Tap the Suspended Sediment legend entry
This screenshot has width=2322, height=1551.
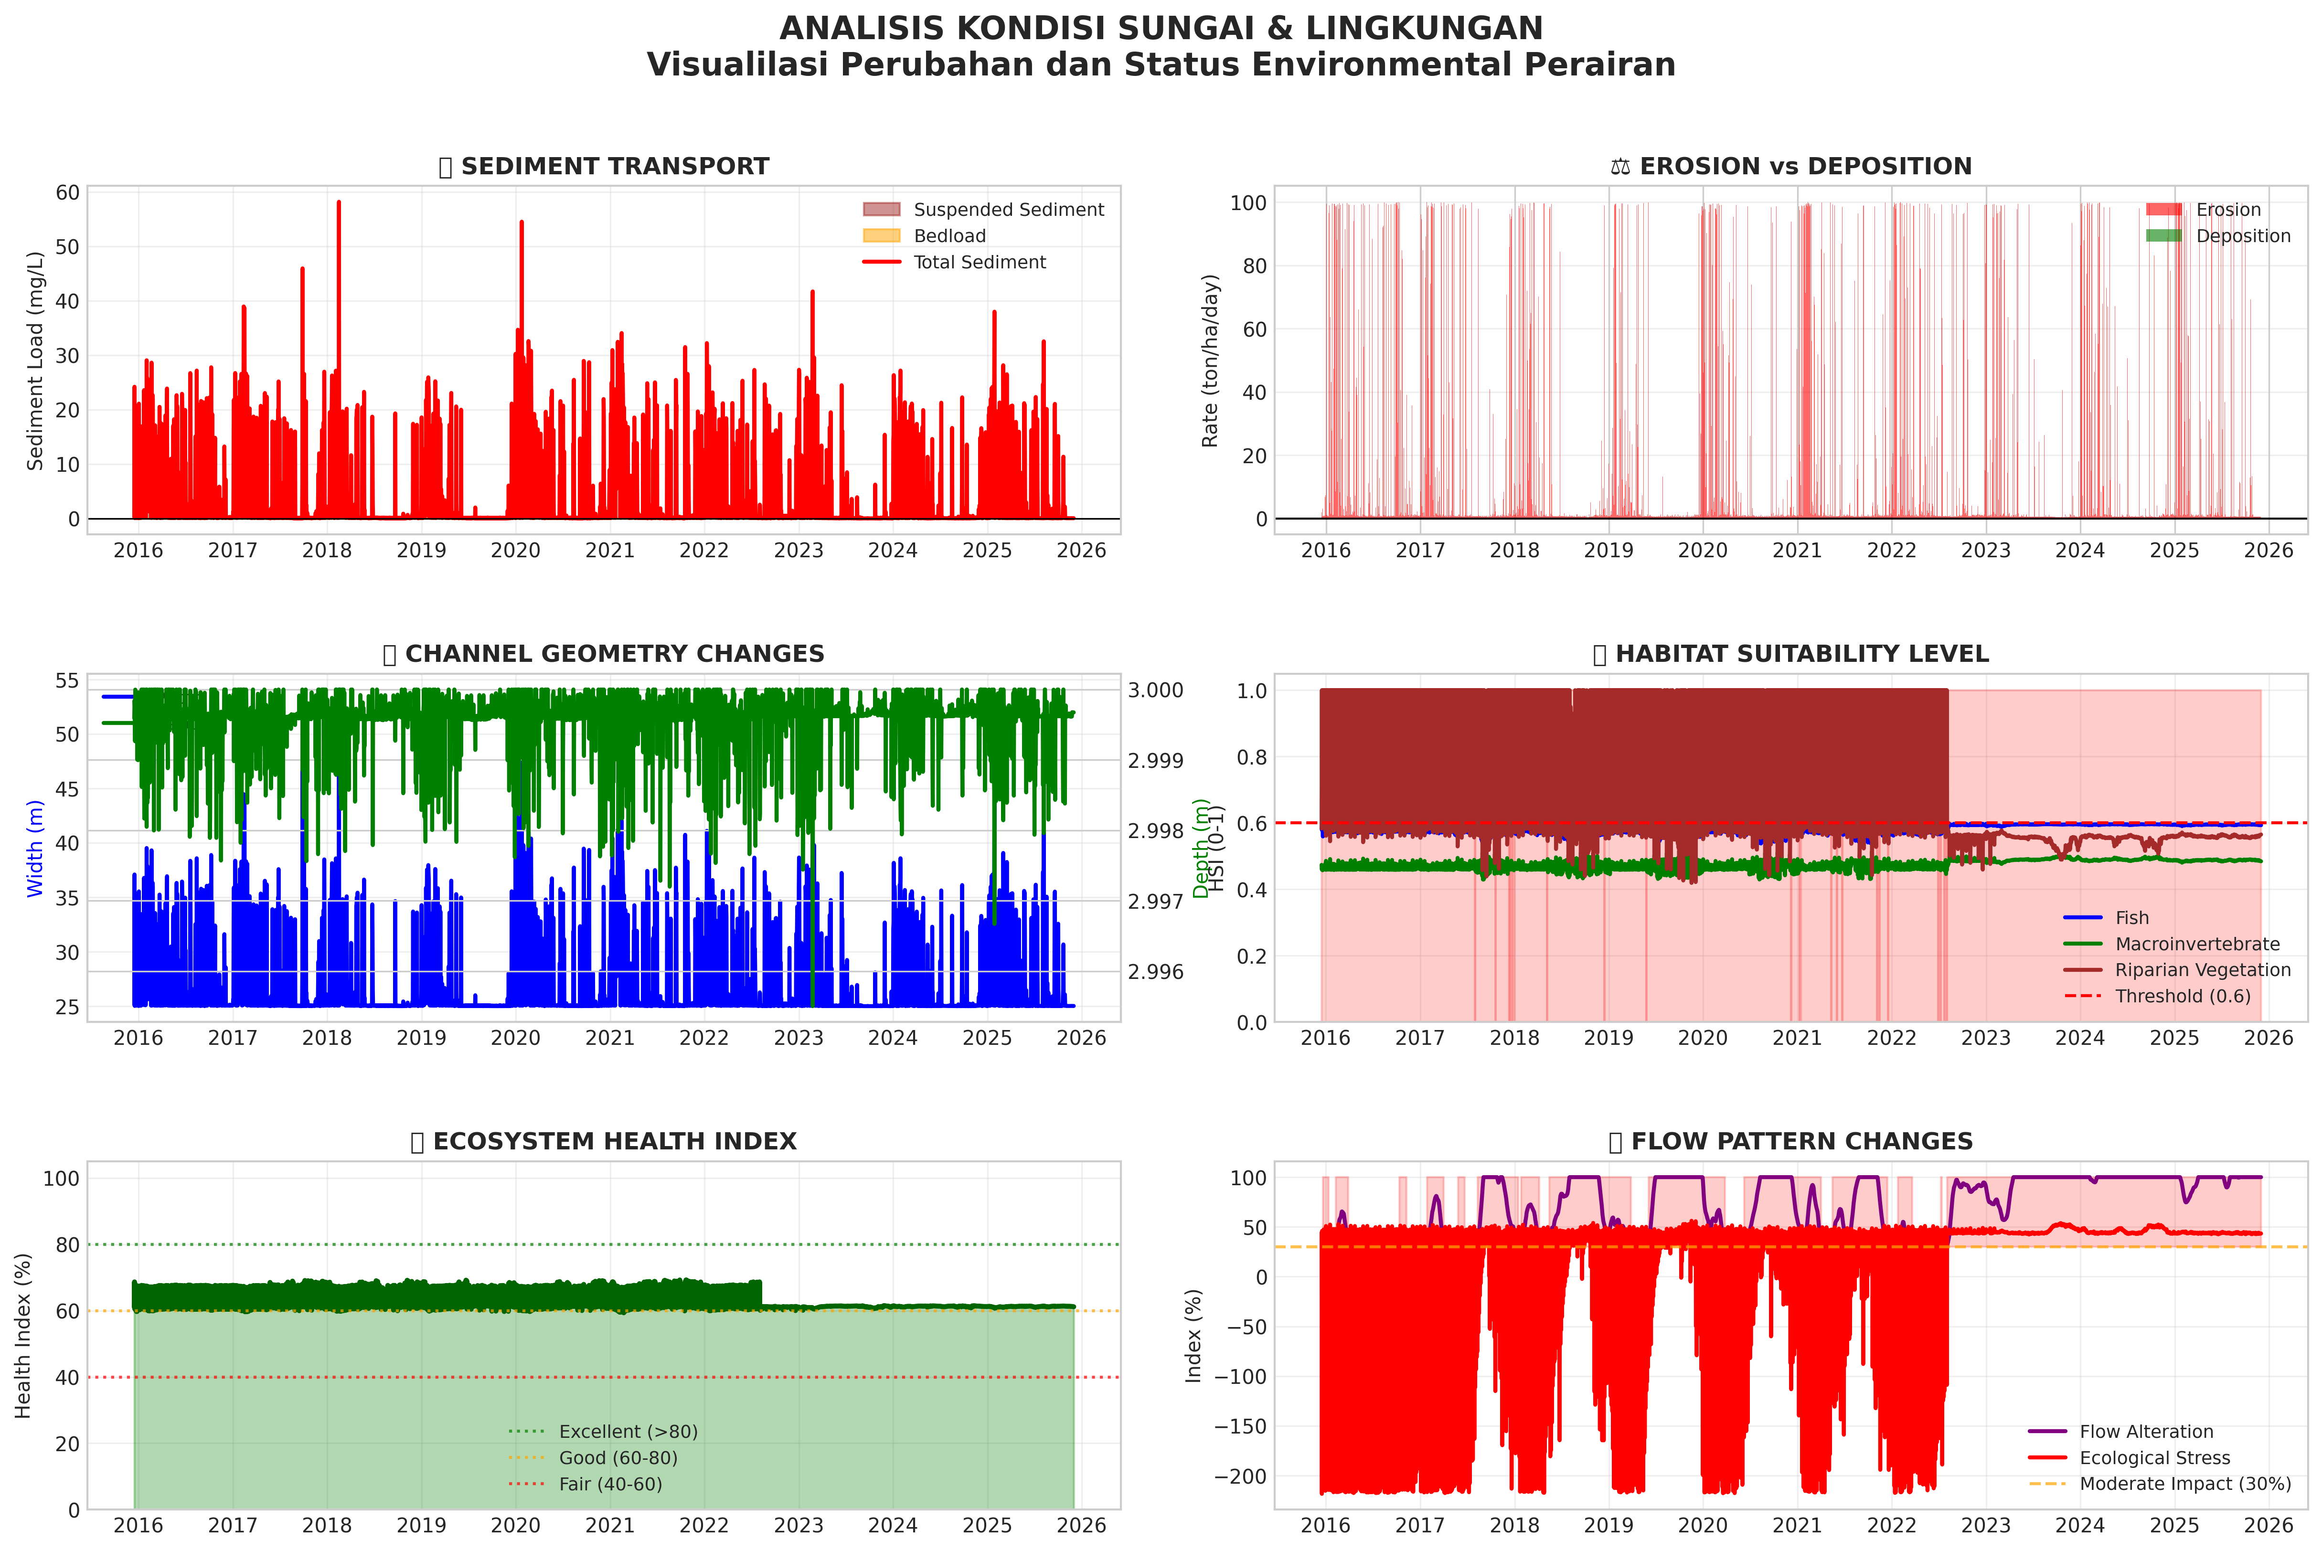(1007, 210)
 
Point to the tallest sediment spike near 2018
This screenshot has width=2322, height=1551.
(338, 203)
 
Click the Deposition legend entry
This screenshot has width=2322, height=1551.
(2242, 235)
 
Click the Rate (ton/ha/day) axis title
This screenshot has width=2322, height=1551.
(1210, 361)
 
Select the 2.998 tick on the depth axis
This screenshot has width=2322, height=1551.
(1156, 831)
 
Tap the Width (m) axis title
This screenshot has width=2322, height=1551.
(36, 849)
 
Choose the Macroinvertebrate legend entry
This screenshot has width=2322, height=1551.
(2196, 944)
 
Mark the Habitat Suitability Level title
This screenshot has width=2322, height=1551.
(1791, 654)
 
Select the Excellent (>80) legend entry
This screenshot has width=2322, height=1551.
(627, 1431)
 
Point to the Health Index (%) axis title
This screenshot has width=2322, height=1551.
(24, 1335)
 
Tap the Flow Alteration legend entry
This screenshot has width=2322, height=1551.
(2145, 1431)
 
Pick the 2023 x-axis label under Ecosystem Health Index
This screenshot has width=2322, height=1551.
(799, 1525)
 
